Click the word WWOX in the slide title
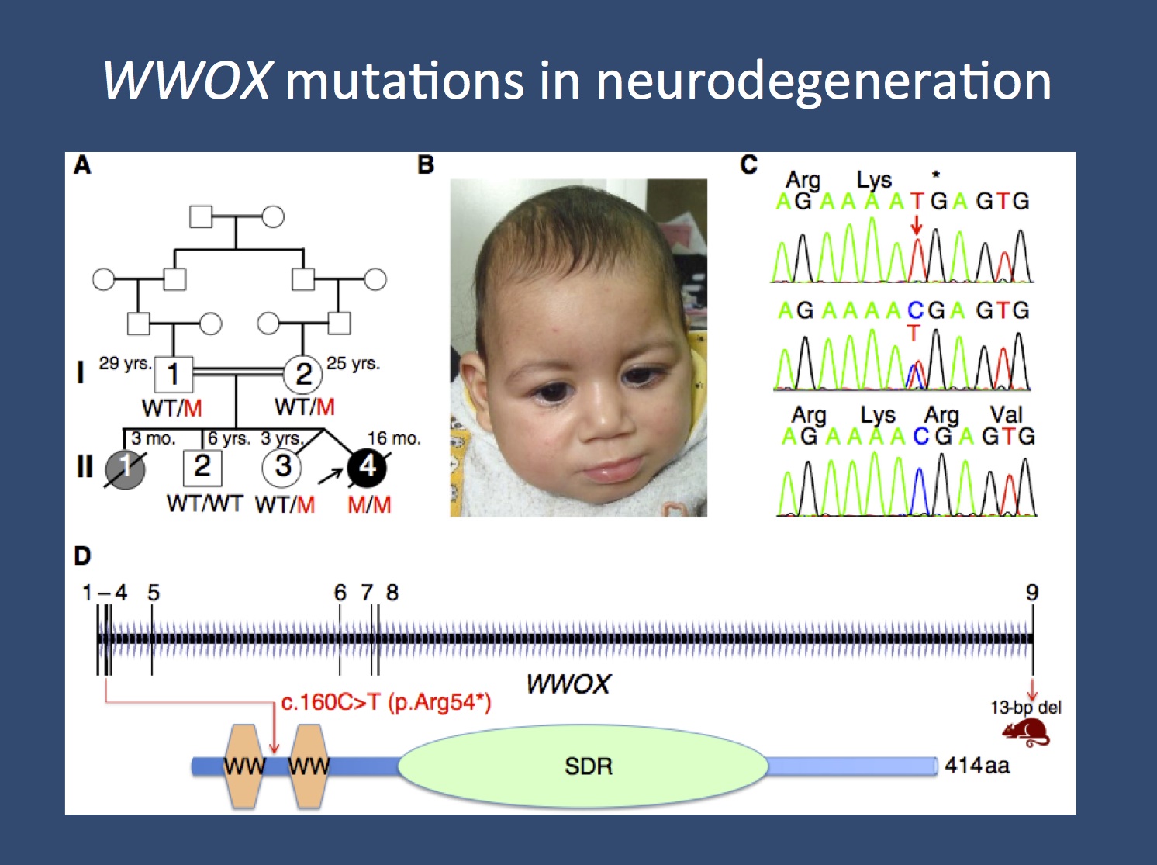(x=186, y=80)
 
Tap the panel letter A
(x=82, y=165)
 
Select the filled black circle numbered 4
(x=367, y=466)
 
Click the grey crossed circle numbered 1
(x=125, y=468)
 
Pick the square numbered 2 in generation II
(x=202, y=466)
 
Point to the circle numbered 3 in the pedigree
(x=283, y=466)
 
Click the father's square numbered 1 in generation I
(x=174, y=374)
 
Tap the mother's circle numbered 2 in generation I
(x=303, y=374)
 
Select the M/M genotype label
(x=369, y=505)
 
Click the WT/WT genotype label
(x=205, y=504)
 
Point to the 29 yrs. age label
(x=124, y=363)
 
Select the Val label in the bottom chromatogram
(x=1006, y=415)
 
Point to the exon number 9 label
(x=1032, y=593)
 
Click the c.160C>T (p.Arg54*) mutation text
(x=385, y=703)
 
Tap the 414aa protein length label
(x=977, y=766)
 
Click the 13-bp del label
(x=1025, y=708)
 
